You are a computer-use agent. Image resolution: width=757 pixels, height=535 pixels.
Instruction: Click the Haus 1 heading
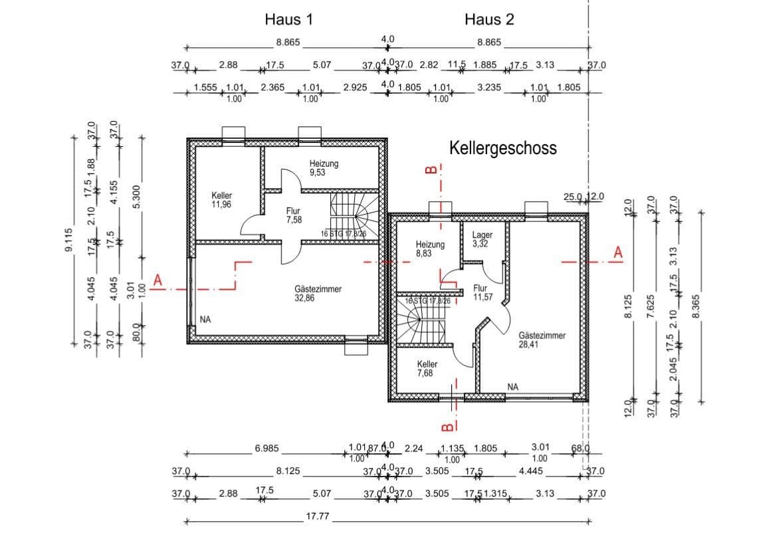[288, 19]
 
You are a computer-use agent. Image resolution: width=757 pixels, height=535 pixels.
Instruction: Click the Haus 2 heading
[489, 19]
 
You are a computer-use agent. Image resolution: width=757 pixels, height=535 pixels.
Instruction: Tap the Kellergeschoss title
[503, 148]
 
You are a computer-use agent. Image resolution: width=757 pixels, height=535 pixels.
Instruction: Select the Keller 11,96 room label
[222, 200]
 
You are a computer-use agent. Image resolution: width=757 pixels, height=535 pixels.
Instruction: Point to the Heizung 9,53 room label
[324, 167]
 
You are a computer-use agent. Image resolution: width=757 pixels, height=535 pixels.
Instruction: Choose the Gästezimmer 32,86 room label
[318, 294]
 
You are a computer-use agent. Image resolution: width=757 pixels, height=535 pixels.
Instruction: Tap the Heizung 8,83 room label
[430, 249]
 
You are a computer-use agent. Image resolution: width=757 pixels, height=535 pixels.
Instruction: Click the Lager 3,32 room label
[482, 239]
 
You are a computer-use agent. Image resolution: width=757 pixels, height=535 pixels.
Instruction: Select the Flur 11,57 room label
[483, 293]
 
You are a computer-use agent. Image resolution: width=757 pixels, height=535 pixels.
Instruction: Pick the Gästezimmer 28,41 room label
[542, 340]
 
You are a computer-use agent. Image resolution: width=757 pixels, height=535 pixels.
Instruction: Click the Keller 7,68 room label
[427, 369]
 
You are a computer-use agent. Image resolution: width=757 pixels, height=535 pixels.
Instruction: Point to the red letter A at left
[158, 282]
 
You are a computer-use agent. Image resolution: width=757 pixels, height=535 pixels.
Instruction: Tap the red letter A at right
[618, 253]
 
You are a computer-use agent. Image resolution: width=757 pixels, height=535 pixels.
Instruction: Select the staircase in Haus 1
[356, 214]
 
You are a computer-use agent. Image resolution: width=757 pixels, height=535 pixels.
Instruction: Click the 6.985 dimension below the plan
[267, 449]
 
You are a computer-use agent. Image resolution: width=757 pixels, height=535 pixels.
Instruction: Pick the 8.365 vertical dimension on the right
[696, 306]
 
